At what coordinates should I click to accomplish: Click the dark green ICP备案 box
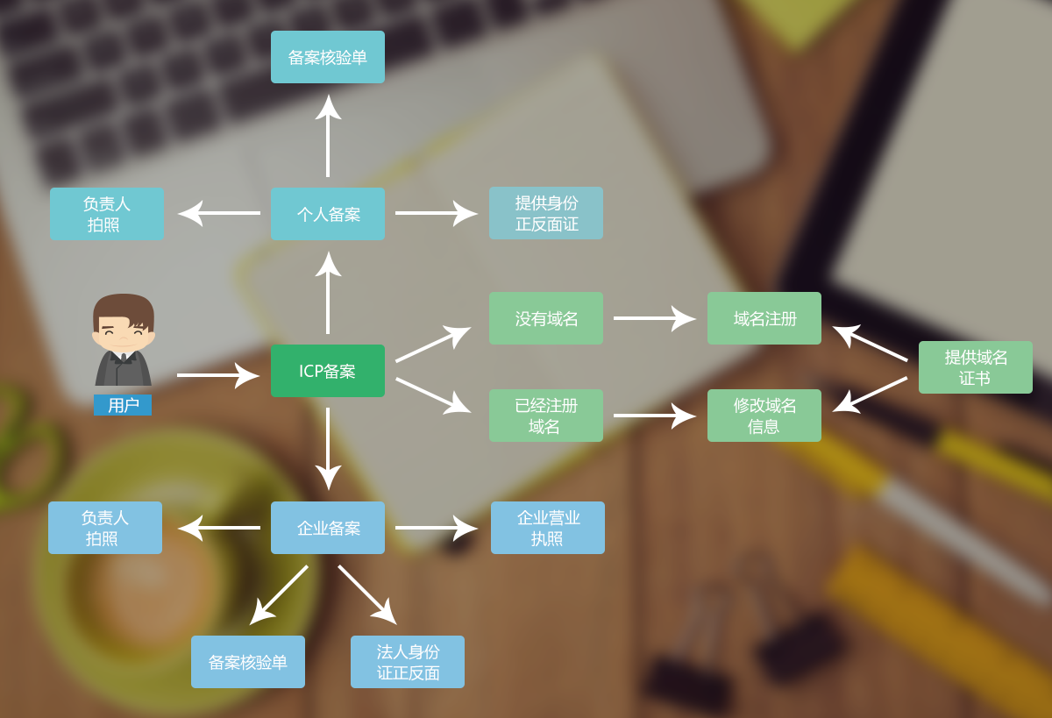point(327,371)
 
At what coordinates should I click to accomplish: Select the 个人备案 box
point(327,214)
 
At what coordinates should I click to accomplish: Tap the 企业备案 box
point(327,528)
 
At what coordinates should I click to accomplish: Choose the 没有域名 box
point(545,318)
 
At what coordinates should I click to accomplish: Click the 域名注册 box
point(764,318)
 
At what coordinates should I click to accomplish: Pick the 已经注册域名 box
point(545,416)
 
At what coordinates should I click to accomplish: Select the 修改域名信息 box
point(764,416)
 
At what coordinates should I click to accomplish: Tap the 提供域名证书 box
point(975,367)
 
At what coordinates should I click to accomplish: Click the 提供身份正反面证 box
point(545,213)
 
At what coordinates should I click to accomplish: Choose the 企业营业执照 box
point(547,528)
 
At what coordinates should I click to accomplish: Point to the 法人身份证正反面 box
point(407,662)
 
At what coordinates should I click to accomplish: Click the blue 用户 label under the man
point(123,405)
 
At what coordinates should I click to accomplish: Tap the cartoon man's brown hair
point(123,305)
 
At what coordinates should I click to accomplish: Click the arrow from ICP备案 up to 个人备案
point(328,293)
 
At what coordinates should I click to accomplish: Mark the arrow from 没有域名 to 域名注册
point(654,318)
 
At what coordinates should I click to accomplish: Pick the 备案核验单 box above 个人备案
point(327,57)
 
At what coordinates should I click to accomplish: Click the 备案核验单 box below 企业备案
point(247,662)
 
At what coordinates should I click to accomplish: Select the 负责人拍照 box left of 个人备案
point(106,214)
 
